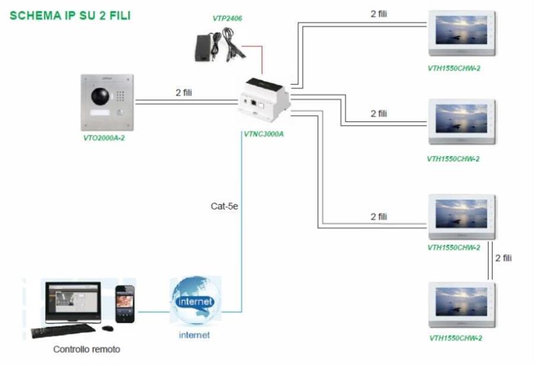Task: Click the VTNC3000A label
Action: click(x=263, y=134)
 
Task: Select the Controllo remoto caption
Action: click(x=86, y=349)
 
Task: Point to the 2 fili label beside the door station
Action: click(x=184, y=93)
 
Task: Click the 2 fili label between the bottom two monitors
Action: click(x=503, y=258)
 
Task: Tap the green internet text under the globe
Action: click(x=194, y=335)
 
